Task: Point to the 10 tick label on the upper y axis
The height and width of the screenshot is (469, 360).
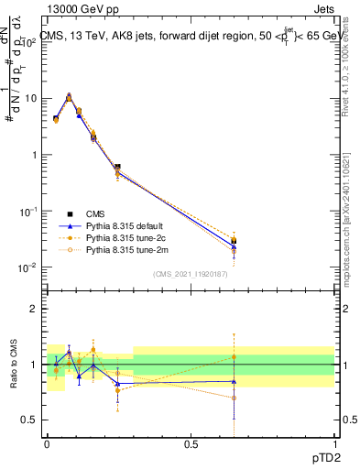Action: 31,98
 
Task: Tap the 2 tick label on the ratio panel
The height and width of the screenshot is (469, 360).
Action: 35,309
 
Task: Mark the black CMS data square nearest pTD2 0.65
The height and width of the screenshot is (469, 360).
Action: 235,241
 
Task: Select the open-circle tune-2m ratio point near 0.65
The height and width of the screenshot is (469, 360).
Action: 235,398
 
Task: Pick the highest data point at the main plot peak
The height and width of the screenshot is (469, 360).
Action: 69,95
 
